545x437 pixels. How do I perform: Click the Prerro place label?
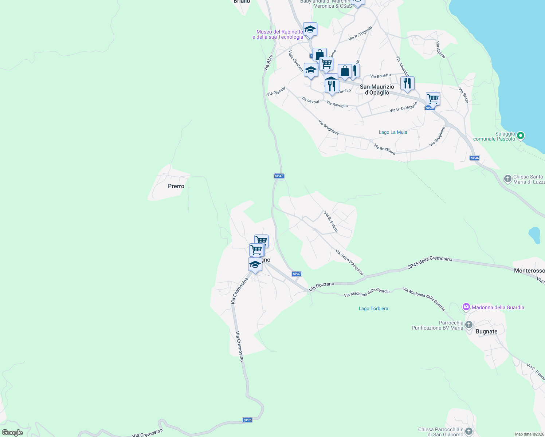coord(176,186)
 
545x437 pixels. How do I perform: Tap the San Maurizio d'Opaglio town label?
coord(377,90)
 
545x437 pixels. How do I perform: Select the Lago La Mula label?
coord(393,132)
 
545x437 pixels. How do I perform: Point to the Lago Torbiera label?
coord(373,308)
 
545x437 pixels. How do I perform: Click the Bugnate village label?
coord(486,331)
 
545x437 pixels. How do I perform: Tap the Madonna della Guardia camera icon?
coord(466,307)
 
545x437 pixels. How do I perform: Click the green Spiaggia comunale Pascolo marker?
coord(521,136)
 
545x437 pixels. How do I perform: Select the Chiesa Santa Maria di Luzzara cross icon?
coord(507,179)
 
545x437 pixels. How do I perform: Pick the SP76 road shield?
coord(247,420)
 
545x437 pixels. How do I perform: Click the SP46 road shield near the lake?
coord(474,158)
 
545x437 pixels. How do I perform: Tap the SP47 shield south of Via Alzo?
coord(279,176)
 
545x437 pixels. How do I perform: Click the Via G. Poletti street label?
coord(331,221)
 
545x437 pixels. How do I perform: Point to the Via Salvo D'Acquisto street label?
coord(349,262)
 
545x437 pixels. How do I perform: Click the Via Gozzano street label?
coord(321,286)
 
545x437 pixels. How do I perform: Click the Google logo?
coord(12,433)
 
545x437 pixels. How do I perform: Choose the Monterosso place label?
coord(529,271)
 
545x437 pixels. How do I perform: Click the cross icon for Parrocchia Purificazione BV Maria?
coord(469,324)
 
